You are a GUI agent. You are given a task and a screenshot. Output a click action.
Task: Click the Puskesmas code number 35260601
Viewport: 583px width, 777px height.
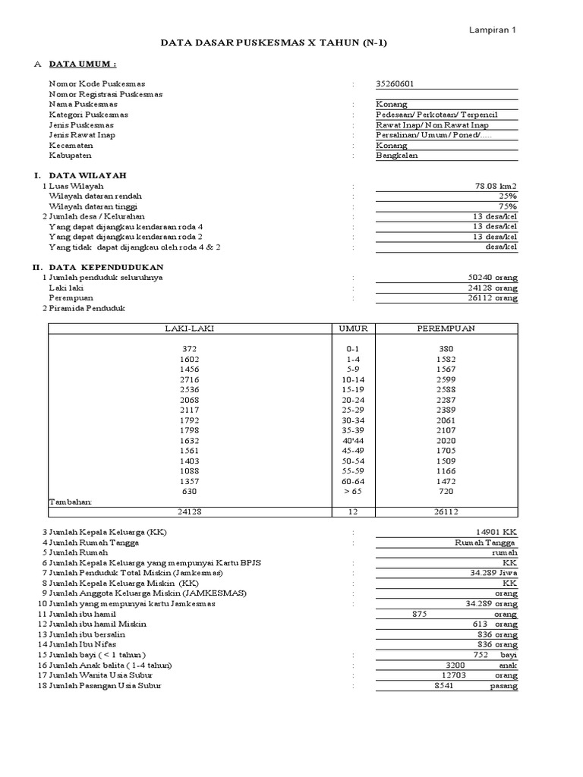pyautogui.click(x=395, y=83)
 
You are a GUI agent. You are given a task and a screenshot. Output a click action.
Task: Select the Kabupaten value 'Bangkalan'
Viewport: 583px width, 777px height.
pyautogui.click(x=396, y=156)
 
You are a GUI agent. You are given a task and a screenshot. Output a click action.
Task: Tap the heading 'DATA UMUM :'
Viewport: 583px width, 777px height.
pyautogui.click(x=83, y=64)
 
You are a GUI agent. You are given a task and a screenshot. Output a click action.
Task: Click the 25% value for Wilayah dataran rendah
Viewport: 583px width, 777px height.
pyautogui.click(x=508, y=196)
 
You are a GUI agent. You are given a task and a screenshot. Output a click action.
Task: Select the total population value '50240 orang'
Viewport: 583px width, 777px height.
pyautogui.click(x=493, y=278)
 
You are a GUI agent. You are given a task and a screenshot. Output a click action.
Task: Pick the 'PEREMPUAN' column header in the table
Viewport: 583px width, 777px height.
pyautogui.click(x=446, y=328)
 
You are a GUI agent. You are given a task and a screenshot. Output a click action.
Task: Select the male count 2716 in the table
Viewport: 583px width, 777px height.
pyautogui.click(x=188, y=378)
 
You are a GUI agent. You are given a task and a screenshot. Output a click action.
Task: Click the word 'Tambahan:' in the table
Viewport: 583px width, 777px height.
pyautogui.click(x=71, y=502)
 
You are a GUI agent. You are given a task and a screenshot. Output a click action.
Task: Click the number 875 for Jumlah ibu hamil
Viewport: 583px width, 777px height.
pyautogui.click(x=420, y=614)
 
